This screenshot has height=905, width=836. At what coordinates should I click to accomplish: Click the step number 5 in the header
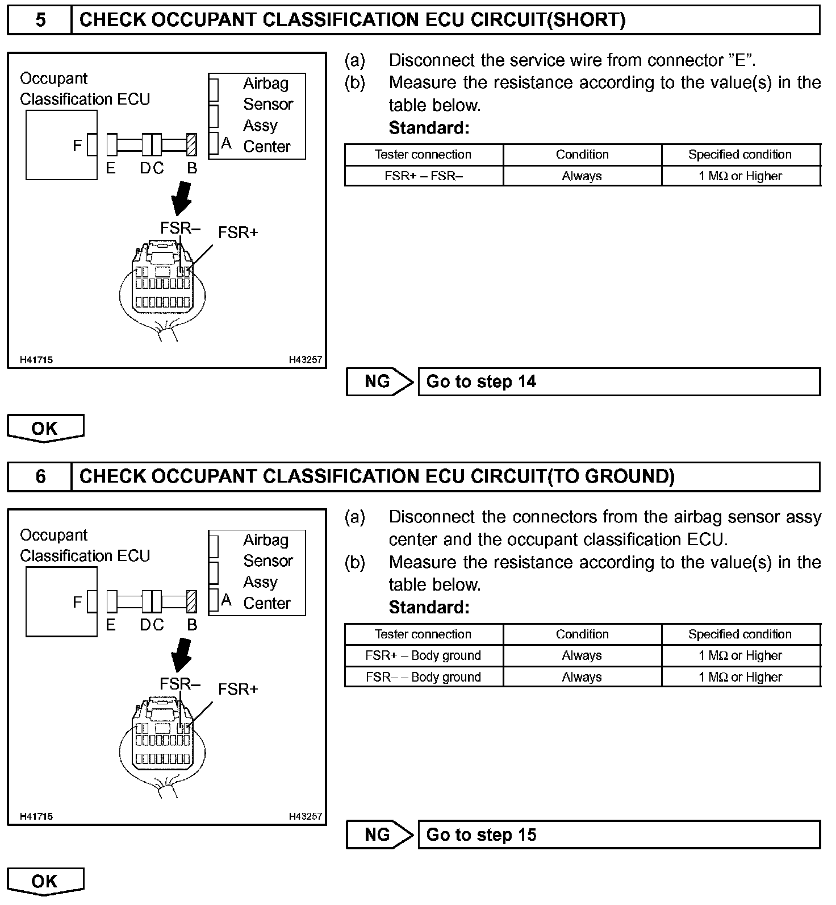[x=40, y=20]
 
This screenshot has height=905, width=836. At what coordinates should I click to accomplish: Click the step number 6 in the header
[x=40, y=476]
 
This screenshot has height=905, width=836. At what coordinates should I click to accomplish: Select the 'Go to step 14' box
[x=619, y=381]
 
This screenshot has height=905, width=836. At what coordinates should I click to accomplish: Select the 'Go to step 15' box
[x=619, y=835]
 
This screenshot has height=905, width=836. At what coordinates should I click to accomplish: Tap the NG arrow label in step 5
[x=378, y=381]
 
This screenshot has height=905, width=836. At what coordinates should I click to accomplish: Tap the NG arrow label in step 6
[x=378, y=835]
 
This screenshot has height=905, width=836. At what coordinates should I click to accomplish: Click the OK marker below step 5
[x=45, y=428]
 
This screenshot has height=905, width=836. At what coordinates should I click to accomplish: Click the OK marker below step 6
[x=45, y=881]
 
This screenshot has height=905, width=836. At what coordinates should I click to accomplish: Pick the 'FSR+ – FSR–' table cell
[x=424, y=176]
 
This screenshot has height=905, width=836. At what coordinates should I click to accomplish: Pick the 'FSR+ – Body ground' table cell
[x=424, y=655]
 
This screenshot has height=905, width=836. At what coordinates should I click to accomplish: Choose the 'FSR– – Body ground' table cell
[x=424, y=677]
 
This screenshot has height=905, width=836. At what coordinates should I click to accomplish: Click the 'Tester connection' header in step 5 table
[x=424, y=155]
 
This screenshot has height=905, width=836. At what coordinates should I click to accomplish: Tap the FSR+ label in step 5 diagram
[x=238, y=233]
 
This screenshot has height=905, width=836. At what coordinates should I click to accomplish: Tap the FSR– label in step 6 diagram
[x=180, y=684]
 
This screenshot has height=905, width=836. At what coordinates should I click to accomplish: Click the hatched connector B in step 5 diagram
[x=192, y=145]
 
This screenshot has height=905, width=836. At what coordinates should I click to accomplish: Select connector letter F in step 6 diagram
[x=77, y=602]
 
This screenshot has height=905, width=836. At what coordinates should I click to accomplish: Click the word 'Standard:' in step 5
[x=429, y=128]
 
